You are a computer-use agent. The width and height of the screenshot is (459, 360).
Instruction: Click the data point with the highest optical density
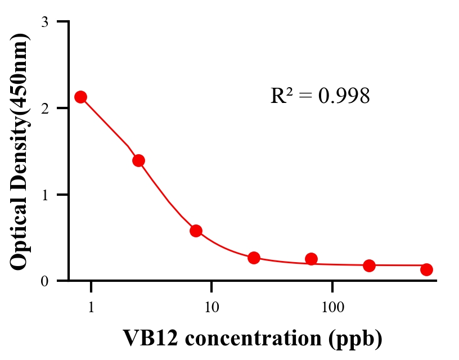[x=81, y=97]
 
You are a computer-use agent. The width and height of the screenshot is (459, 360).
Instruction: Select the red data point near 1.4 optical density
[x=139, y=160]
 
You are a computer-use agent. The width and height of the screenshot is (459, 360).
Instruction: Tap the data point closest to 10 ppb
[x=196, y=231]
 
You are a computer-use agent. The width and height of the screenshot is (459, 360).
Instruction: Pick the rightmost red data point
[x=427, y=269]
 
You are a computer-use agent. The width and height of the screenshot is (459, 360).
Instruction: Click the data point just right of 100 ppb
[x=370, y=265]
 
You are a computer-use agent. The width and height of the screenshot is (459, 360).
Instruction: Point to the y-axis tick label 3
[x=44, y=22]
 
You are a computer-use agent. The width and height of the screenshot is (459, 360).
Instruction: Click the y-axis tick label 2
[x=44, y=108]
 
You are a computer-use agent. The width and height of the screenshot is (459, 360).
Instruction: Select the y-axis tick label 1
[x=44, y=195]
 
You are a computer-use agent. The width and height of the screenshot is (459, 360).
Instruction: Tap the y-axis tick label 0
[x=44, y=281]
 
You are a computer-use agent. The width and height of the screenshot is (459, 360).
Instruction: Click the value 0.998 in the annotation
[x=344, y=96]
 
